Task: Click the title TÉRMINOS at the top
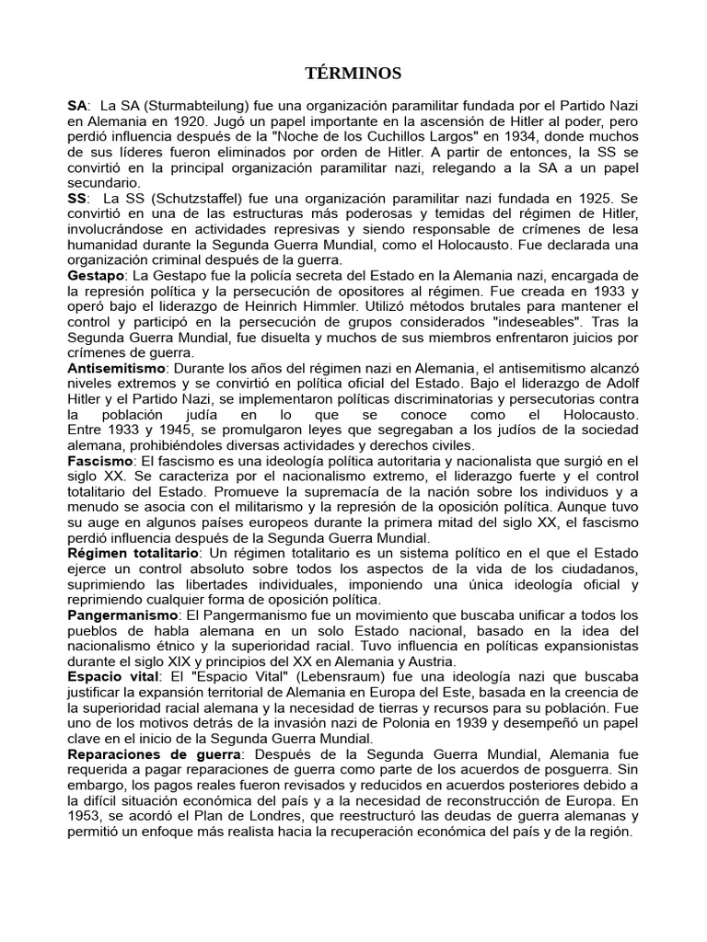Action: pos(353,74)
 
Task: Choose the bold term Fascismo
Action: pos(99,460)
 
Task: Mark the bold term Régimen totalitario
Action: pos(133,554)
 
